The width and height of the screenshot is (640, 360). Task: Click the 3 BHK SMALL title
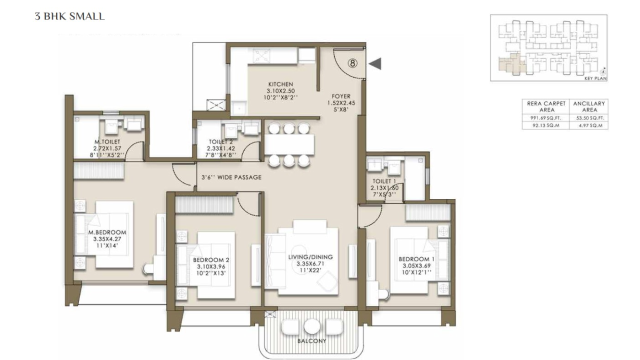coord(69,16)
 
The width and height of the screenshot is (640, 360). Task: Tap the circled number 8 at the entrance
coord(352,63)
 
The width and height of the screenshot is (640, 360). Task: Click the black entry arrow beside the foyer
coord(375,63)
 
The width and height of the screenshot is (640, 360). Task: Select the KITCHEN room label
coord(280,84)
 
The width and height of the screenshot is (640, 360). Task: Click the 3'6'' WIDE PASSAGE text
coord(231,177)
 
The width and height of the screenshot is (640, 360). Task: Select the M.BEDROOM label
coord(107,232)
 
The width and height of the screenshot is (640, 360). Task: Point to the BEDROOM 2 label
coord(211,260)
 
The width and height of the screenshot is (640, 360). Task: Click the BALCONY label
coord(312,341)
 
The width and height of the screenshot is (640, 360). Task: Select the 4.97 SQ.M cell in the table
coord(588,126)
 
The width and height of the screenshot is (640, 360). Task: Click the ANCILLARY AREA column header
coord(588,106)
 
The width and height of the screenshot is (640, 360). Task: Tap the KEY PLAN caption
coord(595,78)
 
